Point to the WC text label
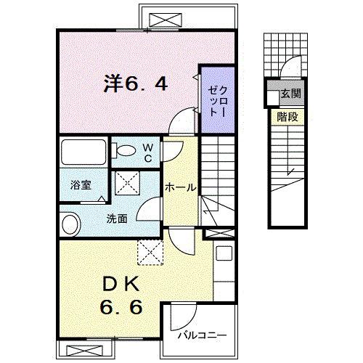(147, 152)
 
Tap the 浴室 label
(81, 185)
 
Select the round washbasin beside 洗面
(70, 224)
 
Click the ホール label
(180, 187)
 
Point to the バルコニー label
(203, 336)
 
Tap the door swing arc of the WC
(171, 151)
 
